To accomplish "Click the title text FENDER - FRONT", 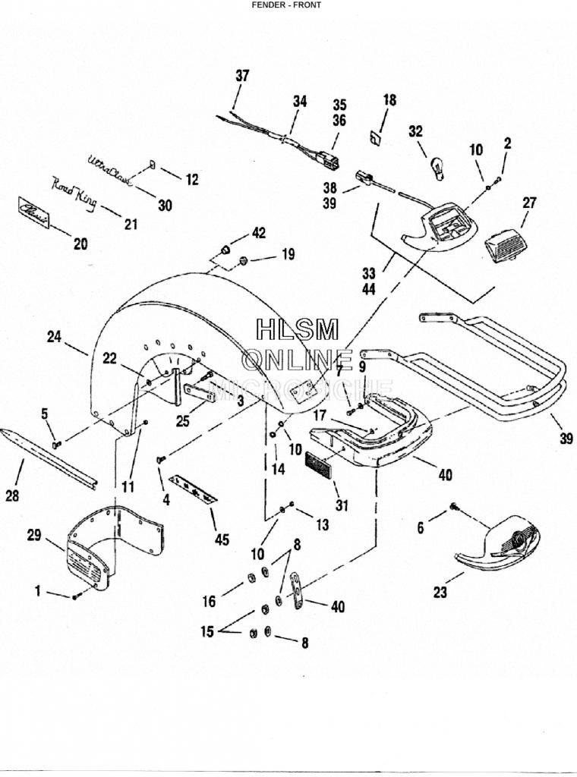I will click(x=286, y=5).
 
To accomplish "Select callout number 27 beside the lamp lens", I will click(x=528, y=203).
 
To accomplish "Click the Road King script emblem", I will click(x=74, y=190).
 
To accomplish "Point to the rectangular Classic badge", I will click(x=34, y=212).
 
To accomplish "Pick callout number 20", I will click(x=80, y=244).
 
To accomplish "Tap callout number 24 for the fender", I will click(x=54, y=337).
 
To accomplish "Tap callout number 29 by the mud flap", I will click(x=33, y=535).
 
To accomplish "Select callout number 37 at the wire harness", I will click(x=241, y=76).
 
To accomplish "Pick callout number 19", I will click(x=287, y=255).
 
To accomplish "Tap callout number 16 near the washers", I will click(x=209, y=602).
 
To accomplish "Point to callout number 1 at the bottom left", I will click(x=38, y=591).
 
